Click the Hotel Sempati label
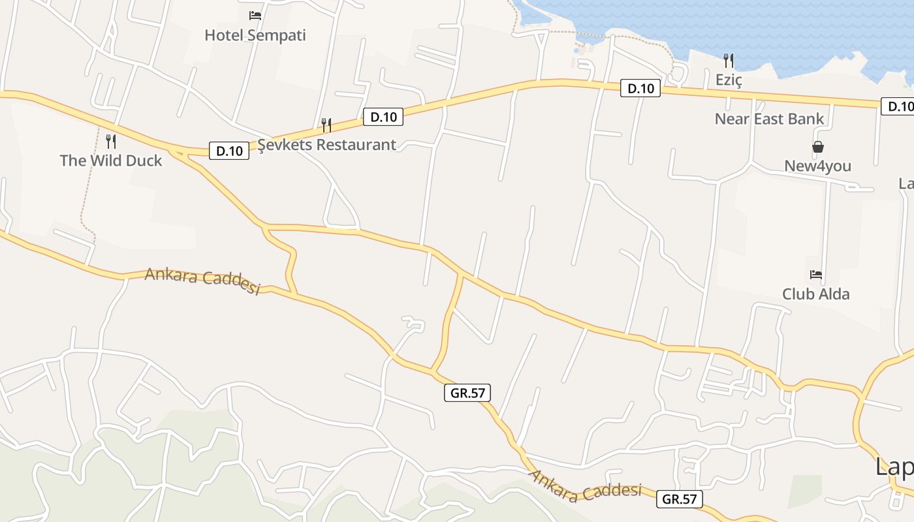[x=255, y=35]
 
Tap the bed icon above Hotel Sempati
[x=255, y=15]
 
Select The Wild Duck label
[x=111, y=161]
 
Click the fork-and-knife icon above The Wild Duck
[x=111, y=141]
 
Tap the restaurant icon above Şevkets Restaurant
[x=326, y=125]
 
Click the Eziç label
[x=729, y=80]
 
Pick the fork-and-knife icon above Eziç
[x=729, y=61]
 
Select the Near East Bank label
[x=770, y=119]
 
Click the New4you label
[x=818, y=166]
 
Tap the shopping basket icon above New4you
[x=818, y=147]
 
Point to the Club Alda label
[x=816, y=294]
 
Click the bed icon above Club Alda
[x=816, y=274]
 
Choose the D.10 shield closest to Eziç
[x=640, y=88]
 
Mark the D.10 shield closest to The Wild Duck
[x=229, y=151]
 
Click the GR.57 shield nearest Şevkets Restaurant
[x=467, y=393]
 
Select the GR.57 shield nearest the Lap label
[x=680, y=499]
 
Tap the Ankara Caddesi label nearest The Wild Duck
[x=202, y=281]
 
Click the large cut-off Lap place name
[x=894, y=467]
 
